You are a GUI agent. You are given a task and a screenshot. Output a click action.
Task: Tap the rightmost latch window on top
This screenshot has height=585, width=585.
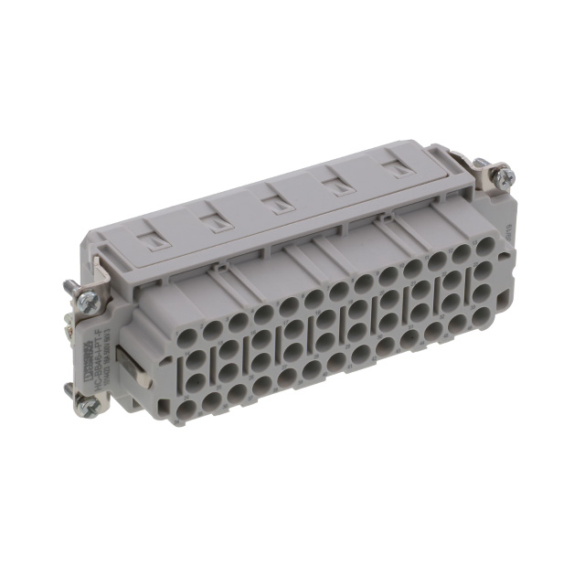coord(395,168)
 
